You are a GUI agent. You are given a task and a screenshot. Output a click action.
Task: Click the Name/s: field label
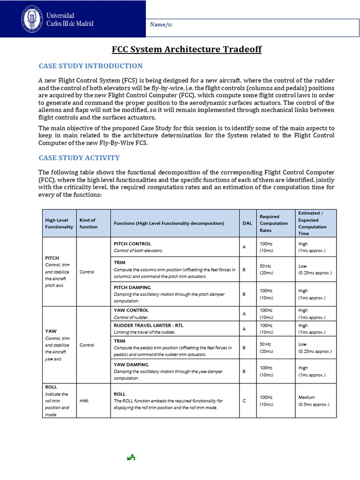coord(162,25)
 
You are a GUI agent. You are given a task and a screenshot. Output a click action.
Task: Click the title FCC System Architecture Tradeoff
coord(187,49)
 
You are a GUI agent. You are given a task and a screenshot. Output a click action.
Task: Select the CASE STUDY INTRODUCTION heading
coord(90,66)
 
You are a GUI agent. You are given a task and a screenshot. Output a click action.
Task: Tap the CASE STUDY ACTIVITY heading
coord(79,158)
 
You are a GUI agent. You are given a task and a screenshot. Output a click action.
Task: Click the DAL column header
coord(247,223)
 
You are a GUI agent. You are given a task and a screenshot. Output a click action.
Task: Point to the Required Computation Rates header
coord(274,223)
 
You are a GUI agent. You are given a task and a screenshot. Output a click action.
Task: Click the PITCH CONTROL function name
coord(132,244)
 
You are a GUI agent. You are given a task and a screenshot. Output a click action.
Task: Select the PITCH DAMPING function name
coord(132,287)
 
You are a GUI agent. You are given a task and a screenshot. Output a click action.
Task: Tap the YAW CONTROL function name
coord(131,310)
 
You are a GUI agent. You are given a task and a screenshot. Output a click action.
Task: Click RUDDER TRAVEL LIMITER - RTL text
coord(143,325)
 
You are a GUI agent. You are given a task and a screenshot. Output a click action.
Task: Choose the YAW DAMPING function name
coord(131,364)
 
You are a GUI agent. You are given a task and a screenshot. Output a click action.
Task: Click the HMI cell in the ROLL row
coord(84,401)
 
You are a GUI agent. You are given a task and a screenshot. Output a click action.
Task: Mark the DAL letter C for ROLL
coord(244,401)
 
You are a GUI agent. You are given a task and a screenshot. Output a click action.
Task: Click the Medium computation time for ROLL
coord(307,397)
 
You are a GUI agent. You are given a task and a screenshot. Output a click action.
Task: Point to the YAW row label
coord(51,331)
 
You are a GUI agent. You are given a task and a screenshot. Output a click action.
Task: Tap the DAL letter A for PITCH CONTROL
coord(244,247)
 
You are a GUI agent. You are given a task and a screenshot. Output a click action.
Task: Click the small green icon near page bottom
coord(131,457)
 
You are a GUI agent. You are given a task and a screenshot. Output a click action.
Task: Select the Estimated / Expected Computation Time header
coord(309,223)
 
